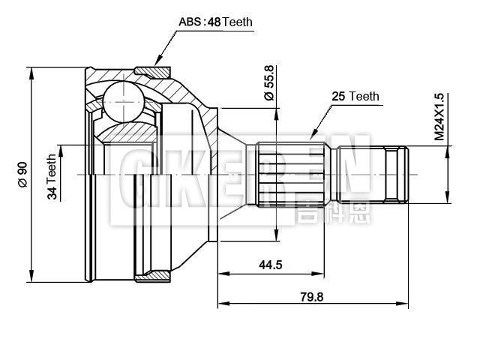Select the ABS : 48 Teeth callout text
click(215, 22)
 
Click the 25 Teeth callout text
click(355, 97)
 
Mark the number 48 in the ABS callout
click(214, 22)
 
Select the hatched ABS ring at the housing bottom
click(153, 276)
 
